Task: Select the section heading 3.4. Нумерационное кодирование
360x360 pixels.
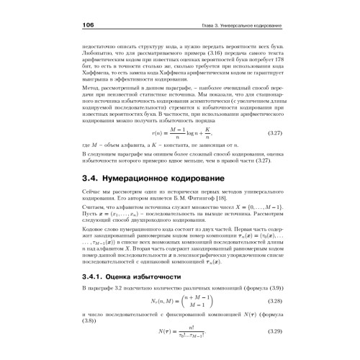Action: (x=160, y=174)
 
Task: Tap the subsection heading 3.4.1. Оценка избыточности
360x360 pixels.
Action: (x=140, y=276)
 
